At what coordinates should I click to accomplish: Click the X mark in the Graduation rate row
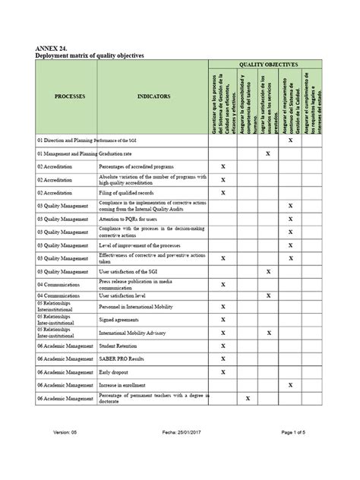(x=267, y=153)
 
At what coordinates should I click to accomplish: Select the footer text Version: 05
(x=66, y=454)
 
